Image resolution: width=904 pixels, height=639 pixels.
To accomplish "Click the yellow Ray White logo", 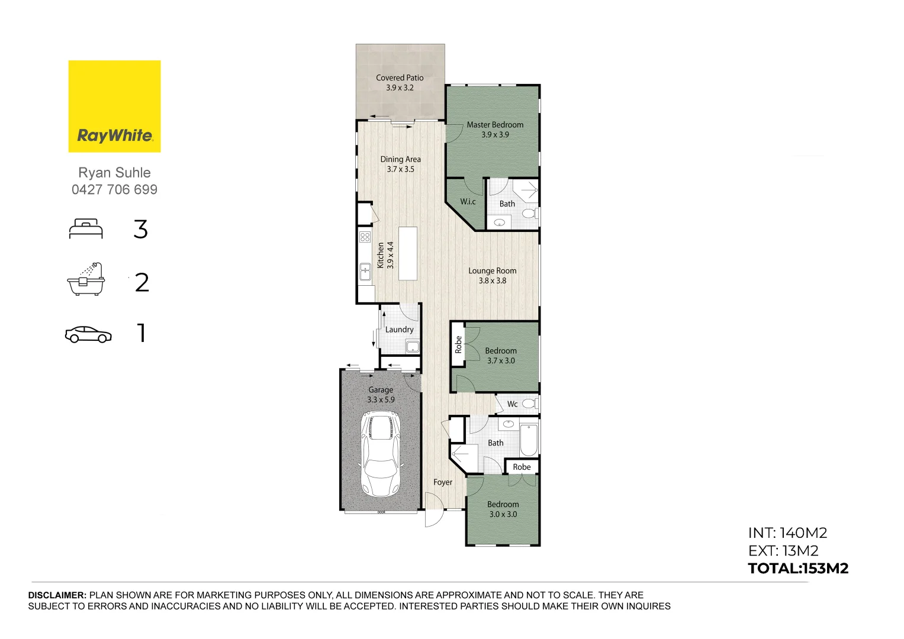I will (114, 106).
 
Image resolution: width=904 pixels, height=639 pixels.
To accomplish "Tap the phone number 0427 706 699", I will (114, 190).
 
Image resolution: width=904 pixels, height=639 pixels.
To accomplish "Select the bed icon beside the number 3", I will (86, 229).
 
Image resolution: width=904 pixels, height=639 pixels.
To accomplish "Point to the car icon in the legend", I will (88, 334).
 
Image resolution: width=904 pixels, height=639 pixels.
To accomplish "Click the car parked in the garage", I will (380, 454).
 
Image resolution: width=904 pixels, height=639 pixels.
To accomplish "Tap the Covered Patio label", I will (400, 78).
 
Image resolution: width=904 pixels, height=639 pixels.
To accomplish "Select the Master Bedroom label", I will (495, 125).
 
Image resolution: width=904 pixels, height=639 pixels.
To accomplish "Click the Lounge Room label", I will (492, 271).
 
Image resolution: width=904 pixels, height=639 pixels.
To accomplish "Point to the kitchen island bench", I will (408, 254).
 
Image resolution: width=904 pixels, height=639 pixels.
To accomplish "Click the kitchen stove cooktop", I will (365, 237).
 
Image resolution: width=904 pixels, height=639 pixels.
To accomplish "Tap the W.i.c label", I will (468, 202).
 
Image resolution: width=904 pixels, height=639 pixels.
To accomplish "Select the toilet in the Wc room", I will (530, 404).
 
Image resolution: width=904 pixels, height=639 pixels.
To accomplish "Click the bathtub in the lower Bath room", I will (529, 440).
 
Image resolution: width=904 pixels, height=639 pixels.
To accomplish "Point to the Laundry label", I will (399, 330).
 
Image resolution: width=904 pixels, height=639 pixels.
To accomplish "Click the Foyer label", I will (442, 482).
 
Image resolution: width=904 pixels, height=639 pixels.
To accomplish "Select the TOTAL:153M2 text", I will (798, 569).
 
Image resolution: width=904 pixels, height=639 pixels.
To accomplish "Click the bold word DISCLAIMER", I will (57, 595).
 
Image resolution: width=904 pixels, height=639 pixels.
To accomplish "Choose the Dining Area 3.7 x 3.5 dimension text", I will (400, 169).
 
